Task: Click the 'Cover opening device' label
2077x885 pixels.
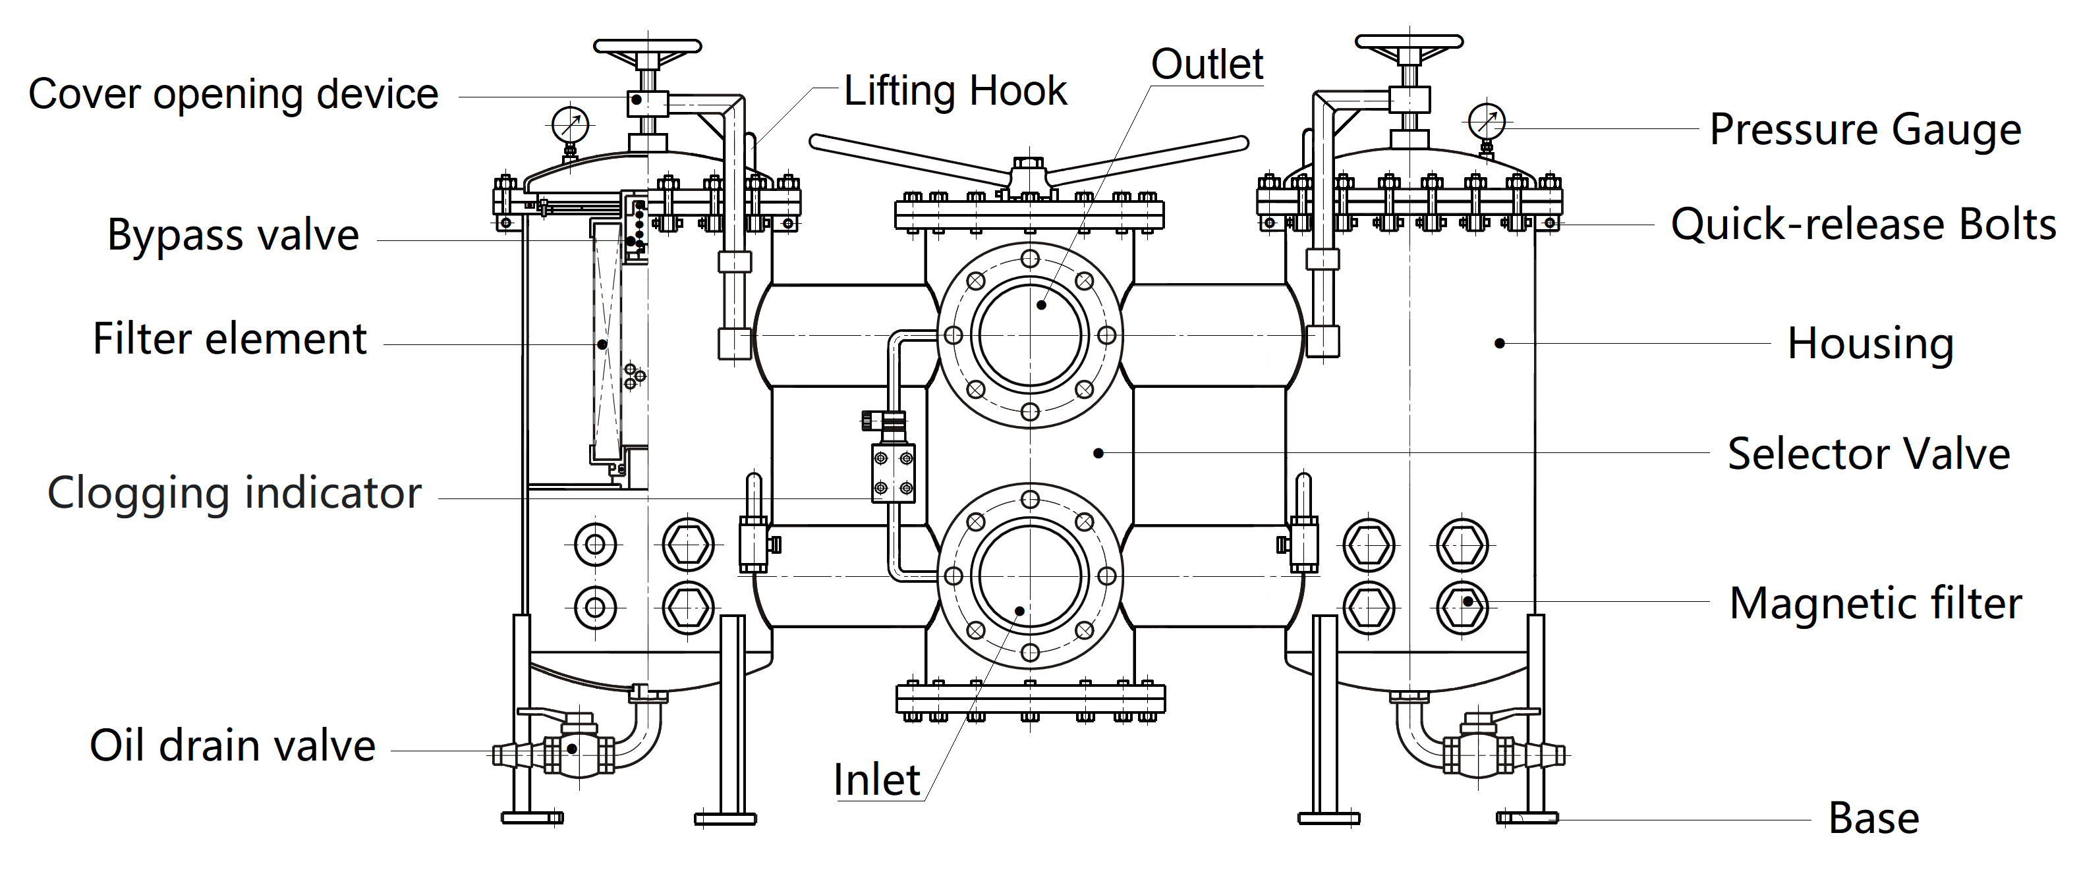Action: pyautogui.click(x=233, y=94)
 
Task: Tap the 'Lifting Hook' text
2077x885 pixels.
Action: pyautogui.click(x=955, y=90)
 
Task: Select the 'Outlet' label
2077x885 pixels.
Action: pyautogui.click(x=1207, y=65)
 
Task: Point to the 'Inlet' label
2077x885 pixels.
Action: pyautogui.click(x=876, y=780)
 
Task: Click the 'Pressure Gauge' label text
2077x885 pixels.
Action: pyautogui.click(x=1865, y=130)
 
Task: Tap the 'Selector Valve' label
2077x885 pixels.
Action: pyautogui.click(x=1868, y=454)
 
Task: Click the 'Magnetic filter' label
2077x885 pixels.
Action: pyautogui.click(x=1875, y=603)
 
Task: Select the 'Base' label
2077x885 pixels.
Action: pyautogui.click(x=1873, y=818)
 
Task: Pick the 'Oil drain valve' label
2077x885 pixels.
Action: pyautogui.click(x=232, y=745)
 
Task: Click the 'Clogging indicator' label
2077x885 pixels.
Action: pyautogui.click(x=234, y=493)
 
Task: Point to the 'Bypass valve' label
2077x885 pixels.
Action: pyautogui.click(x=233, y=235)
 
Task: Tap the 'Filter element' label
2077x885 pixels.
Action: pyautogui.click(x=230, y=338)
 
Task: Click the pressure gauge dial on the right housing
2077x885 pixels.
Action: pyautogui.click(x=1487, y=122)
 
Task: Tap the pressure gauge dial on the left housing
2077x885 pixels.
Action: pyautogui.click(x=571, y=125)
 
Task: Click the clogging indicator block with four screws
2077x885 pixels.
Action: pyautogui.click(x=894, y=473)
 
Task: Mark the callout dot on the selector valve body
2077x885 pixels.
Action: pyautogui.click(x=1098, y=454)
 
